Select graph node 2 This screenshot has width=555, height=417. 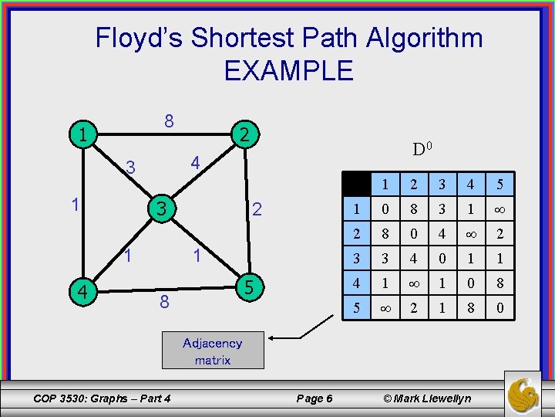[x=243, y=134]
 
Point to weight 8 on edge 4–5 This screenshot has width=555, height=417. [x=164, y=302]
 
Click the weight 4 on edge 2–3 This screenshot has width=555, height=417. [x=196, y=164]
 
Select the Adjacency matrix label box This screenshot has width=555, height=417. [x=213, y=351]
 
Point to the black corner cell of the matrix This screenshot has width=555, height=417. [x=356, y=185]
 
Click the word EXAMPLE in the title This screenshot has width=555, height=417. [x=288, y=71]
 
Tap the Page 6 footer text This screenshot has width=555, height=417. [x=314, y=398]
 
